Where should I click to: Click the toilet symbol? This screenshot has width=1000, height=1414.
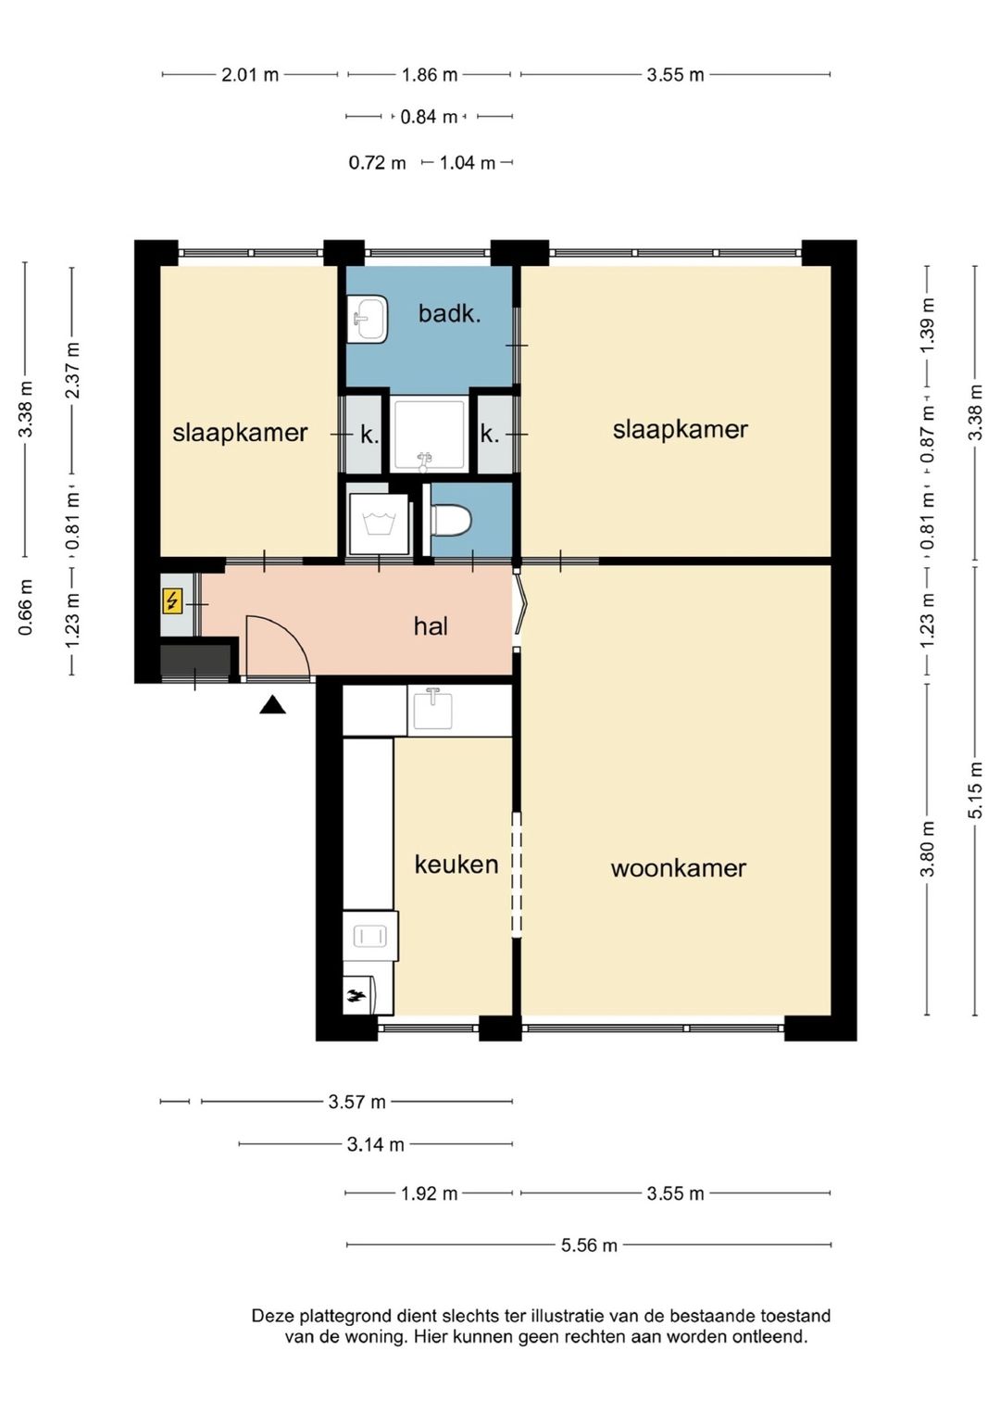[x=451, y=520]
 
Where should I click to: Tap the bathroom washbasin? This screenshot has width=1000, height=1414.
[x=368, y=319]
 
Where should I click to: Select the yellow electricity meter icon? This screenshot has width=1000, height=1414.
[x=172, y=601]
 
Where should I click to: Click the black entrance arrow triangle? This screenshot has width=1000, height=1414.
[x=272, y=704]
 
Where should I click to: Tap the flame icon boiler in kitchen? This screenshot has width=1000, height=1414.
[x=356, y=997]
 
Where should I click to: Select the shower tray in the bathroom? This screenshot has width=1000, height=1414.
[x=429, y=435]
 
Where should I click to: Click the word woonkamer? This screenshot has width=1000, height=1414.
[x=678, y=868]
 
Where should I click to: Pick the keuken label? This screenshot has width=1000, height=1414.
[x=456, y=865]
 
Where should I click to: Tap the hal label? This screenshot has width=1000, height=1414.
[x=431, y=626]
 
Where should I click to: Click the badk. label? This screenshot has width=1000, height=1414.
[x=449, y=313]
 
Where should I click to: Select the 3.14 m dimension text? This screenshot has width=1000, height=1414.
[x=375, y=1143]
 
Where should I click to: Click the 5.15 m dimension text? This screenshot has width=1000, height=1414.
[x=975, y=790]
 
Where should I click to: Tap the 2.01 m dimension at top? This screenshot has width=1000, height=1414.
[x=250, y=74]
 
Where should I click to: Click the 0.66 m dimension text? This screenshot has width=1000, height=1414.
[x=25, y=607]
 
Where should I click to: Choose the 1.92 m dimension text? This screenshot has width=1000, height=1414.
[x=429, y=1193]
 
